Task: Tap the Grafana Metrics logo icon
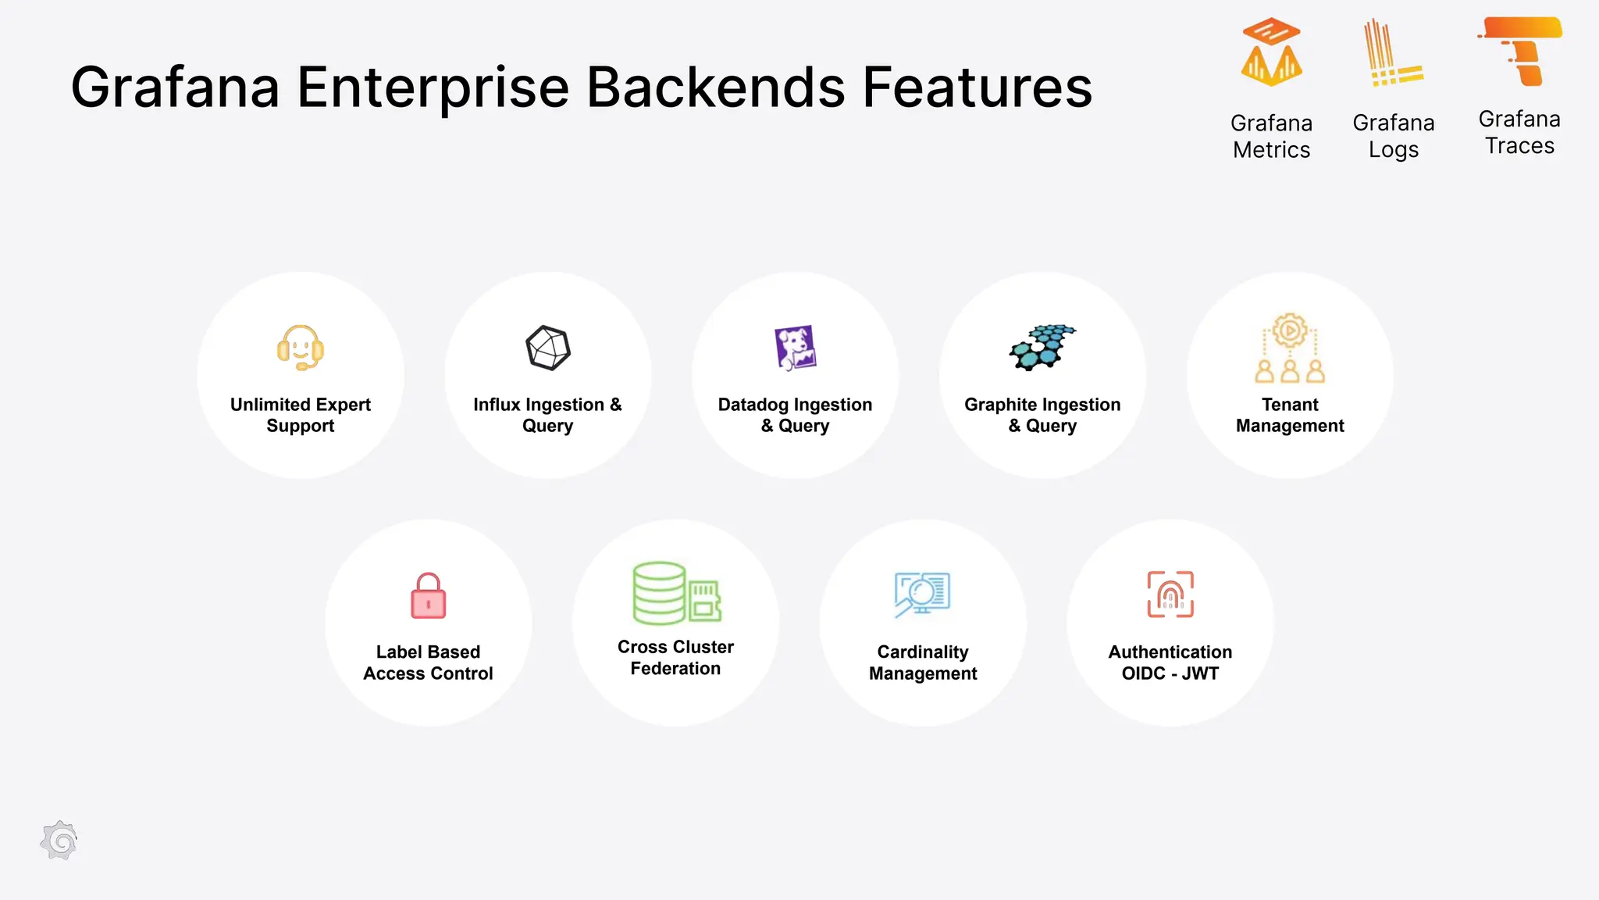(1271, 52)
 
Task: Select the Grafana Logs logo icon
(1392, 53)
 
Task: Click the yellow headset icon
(301, 348)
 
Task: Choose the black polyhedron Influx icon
(548, 348)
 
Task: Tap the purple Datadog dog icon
(795, 348)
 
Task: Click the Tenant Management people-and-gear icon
(1290, 348)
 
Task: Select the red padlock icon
(429, 596)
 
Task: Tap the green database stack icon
(676, 593)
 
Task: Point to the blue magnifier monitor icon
(922, 595)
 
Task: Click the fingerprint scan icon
(1170, 595)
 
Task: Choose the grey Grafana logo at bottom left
(59, 841)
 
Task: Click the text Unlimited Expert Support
(301, 415)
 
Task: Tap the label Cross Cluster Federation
(675, 658)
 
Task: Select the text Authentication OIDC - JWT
(1170, 662)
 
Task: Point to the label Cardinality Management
(923, 662)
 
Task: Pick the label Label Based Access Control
(429, 662)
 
